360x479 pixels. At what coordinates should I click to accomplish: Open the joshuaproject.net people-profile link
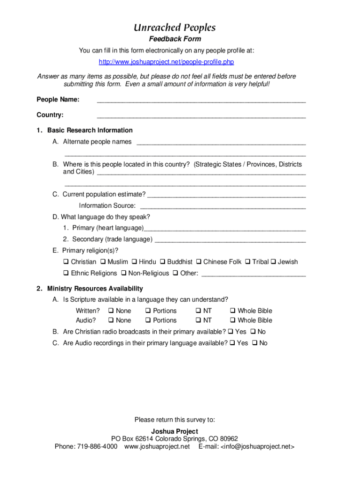click(x=166, y=62)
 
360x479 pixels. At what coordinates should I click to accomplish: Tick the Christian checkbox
click(x=66, y=262)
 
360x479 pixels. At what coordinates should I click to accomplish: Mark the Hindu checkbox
click(x=134, y=262)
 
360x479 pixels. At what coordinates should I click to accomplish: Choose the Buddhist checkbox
click(x=163, y=262)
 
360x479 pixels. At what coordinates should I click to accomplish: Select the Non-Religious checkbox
click(x=123, y=273)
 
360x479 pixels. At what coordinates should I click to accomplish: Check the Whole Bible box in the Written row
click(x=233, y=311)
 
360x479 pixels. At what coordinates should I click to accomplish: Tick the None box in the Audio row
click(x=111, y=320)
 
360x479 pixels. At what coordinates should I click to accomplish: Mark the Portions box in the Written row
click(x=148, y=311)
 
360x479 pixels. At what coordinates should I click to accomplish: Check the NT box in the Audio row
click(x=198, y=320)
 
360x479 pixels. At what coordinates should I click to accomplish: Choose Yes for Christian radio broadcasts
click(x=230, y=332)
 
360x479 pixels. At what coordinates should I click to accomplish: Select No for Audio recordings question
click(x=254, y=343)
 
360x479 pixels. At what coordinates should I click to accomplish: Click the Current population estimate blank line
click(x=226, y=194)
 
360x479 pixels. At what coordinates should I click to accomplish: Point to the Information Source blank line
click(x=223, y=206)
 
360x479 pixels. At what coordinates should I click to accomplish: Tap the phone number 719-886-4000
click(x=97, y=447)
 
